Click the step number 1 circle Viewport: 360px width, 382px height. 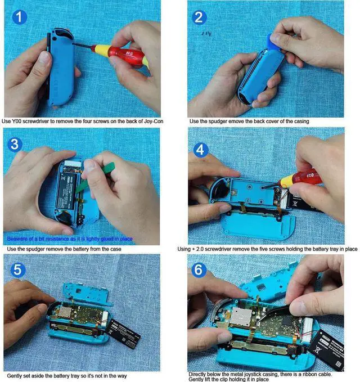pos(20,17)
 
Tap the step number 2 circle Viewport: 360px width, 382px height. pos(199,17)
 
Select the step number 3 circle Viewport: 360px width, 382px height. pos(16,144)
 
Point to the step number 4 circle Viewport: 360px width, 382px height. pos(200,151)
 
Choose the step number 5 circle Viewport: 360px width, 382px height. pos(18,270)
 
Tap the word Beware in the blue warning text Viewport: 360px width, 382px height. pos(15,239)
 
